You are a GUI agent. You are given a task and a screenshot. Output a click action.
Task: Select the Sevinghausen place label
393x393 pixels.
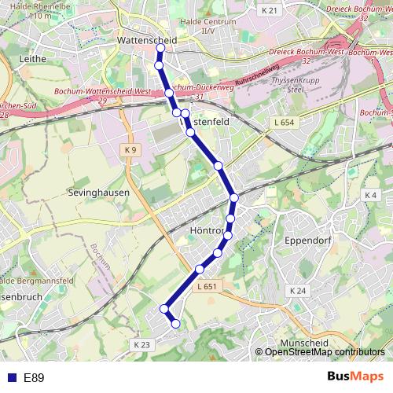[99, 191]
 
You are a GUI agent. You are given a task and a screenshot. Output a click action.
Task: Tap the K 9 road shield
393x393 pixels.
[130, 149]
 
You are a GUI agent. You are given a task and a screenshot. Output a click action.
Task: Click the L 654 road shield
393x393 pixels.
[285, 123]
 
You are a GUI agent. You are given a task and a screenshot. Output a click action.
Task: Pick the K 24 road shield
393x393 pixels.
[296, 291]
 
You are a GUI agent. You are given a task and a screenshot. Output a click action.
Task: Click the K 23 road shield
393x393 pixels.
[141, 344]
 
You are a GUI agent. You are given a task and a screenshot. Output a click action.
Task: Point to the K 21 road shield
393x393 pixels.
[270, 10]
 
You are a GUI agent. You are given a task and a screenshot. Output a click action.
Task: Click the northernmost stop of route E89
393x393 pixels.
[160, 48]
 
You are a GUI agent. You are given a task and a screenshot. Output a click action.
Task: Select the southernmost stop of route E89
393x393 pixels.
[176, 324]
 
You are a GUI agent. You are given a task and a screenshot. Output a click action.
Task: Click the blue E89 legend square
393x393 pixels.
[9, 378]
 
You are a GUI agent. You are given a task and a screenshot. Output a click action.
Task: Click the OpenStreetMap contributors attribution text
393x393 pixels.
[324, 351]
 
